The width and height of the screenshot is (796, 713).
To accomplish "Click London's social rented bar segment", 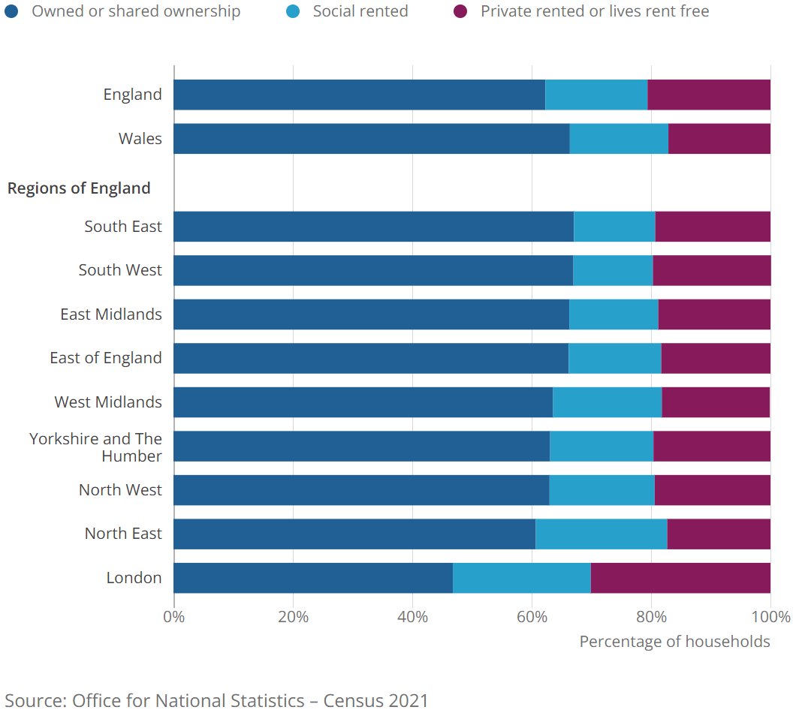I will (x=522, y=578).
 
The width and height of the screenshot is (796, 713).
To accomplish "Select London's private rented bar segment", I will (x=680, y=578).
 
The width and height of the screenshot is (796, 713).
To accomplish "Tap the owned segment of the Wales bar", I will (x=371, y=139).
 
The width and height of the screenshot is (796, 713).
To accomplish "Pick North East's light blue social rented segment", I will (x=601, y=534).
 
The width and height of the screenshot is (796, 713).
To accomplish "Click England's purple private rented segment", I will (x=709, y=95).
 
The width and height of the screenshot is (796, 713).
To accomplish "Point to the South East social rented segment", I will (x=614, y=227).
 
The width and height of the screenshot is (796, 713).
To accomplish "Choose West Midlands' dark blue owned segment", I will (x=363, y=402).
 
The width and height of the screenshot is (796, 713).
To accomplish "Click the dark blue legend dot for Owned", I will (x=11, y=11).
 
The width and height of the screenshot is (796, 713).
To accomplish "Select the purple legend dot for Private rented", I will (x=460, y=11).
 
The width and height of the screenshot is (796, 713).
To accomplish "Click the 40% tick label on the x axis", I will (x=412, y=617).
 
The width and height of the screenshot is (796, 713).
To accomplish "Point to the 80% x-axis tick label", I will (x=651, y=617).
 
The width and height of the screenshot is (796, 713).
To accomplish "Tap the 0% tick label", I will (x=174, y=617).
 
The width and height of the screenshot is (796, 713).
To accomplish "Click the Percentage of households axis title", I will (x=674, y=642).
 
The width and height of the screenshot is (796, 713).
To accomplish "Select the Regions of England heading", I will (x=79, y=188).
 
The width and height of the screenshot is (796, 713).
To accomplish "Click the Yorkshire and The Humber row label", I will (x=95, y=447).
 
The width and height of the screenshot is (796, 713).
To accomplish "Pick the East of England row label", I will (x=106, y=358).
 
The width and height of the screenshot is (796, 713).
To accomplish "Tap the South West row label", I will (x=120, y=270).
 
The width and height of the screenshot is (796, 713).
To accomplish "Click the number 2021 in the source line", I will (x=409, y=701).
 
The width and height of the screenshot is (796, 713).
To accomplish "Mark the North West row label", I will (x=120, y=490).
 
